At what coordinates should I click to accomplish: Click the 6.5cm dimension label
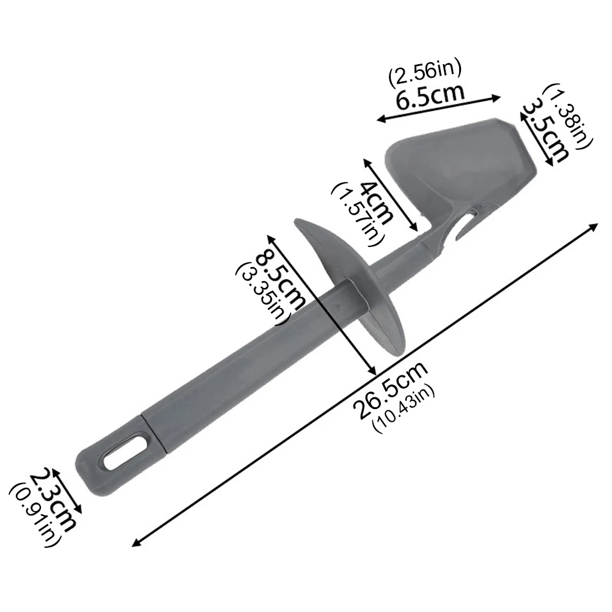430,95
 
